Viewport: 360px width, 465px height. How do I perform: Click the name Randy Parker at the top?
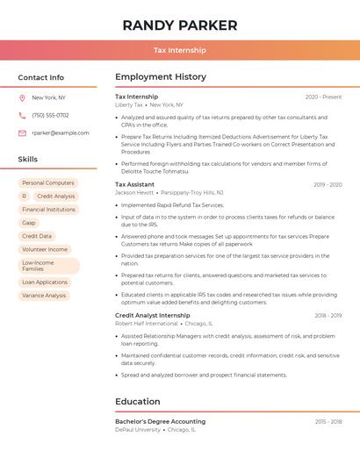[180, 25]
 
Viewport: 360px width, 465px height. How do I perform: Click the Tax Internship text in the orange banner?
[180, 50]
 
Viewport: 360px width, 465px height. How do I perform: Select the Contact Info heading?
[41, 77]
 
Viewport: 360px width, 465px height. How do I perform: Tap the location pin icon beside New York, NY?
[22, 97]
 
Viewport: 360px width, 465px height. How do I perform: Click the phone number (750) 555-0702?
[50, 115]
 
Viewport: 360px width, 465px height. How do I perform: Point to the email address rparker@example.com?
[61, 132]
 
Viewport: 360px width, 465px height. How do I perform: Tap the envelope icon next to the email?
[22, 132]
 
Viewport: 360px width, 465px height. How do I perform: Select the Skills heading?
[28, 160]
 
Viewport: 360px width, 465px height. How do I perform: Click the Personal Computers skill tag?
[48, 182]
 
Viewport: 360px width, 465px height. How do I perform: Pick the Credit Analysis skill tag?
[56, 196]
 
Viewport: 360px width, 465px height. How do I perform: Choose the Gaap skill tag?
[29, 223]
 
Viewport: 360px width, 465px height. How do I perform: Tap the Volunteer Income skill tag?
[45, 249]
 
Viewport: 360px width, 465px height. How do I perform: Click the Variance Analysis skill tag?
[44, 296]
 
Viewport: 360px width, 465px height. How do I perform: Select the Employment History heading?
[161, 77]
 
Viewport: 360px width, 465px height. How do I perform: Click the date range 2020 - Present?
[323, 97]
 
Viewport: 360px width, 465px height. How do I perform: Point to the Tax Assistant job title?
[134, 184]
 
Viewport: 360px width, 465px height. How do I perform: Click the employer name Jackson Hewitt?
[134, 192]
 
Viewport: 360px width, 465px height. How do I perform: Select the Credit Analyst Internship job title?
[152, 315]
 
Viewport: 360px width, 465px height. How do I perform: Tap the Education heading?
[137, 402]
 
